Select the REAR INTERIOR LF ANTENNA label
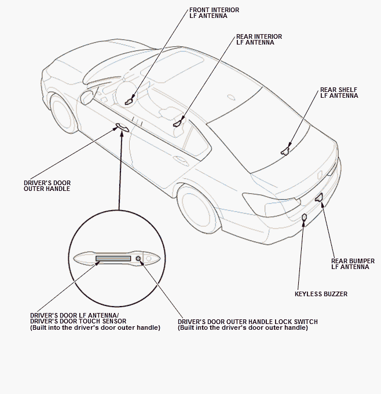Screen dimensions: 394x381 [x=259, y=39]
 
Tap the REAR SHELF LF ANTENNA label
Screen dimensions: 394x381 [x=339, y=93]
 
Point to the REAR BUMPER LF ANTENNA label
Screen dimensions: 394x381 [x=353, y=264]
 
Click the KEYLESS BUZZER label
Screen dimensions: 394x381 [x=321, y=294]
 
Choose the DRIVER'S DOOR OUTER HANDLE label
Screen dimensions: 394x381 [x=47, y=186]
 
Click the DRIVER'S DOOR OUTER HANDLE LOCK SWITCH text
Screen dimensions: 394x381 [x=248, y=322]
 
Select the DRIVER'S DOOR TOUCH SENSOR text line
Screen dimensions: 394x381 [x=78, y=322]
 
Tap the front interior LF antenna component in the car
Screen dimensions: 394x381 [x=130, y=101]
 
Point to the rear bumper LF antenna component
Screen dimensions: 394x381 [x=319, y=198]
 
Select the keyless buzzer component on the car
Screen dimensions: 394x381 [x=305, y=218]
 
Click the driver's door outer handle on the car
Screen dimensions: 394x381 [x=122, y=127]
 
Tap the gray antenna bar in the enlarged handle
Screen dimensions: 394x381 [x=113, y=258]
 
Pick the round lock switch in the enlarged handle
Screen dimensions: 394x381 [x=138, y=259]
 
